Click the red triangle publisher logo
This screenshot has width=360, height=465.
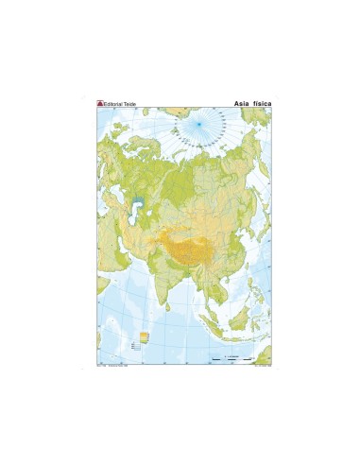click(x=100, y=102)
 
